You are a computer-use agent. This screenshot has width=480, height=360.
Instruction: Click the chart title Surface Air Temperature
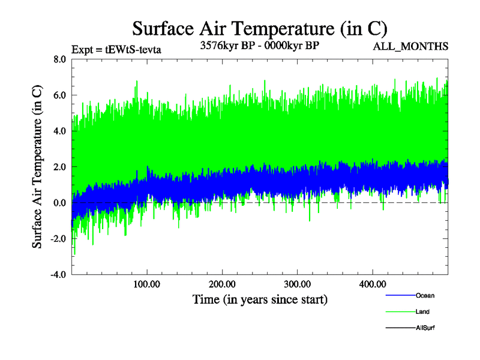click(259, 29)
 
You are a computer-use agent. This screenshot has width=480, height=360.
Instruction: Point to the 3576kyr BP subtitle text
click(259, 46)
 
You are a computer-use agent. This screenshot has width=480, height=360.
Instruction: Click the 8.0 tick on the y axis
click(59, 59)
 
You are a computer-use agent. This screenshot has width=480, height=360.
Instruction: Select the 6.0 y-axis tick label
click(59, 95)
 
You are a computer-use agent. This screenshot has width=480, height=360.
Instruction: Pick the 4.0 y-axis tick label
click(59, 131)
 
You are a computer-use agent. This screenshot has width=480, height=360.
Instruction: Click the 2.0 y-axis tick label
click(59, 167)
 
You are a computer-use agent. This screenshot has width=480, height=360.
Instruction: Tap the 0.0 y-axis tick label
click(59, 203)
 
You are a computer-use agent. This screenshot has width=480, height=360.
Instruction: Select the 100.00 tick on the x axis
click(146, 284)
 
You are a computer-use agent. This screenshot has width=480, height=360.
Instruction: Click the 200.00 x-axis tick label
click(222, 284)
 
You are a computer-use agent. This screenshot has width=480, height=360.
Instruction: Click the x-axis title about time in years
click(260, 298)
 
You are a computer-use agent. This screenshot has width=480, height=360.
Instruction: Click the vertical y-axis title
click(37, 167)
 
